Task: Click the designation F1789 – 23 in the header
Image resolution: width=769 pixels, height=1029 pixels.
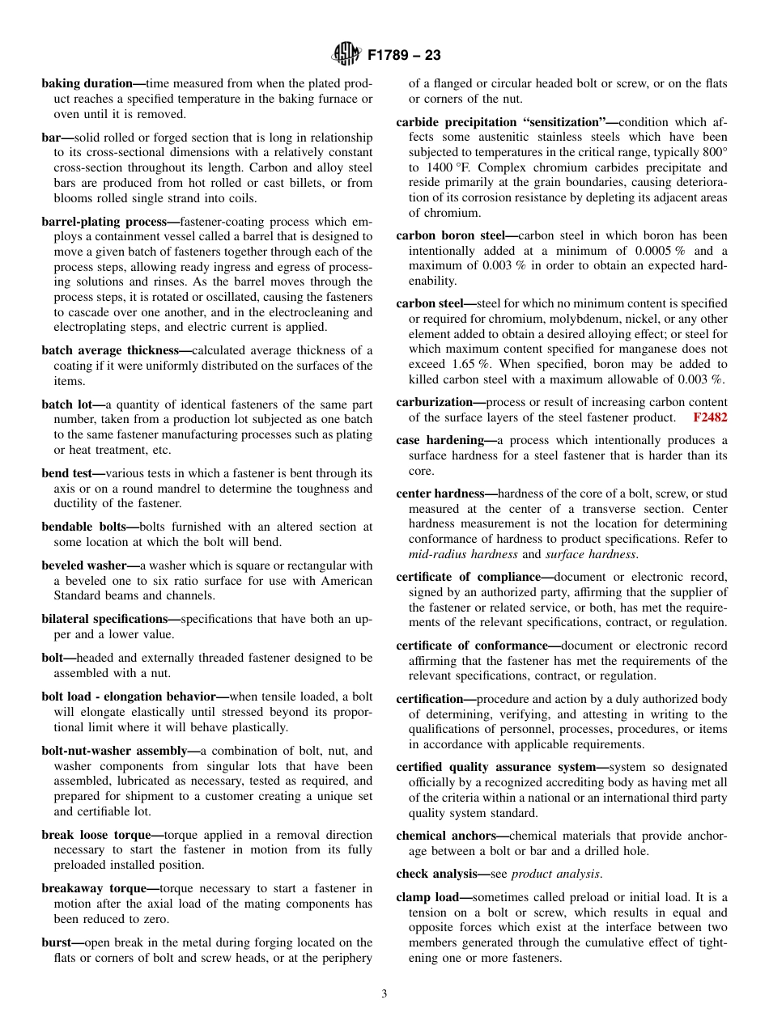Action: pyautogui.click(x=404, y=56)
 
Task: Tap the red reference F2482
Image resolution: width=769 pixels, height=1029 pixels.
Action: pyautogui.click(x=710, y=417)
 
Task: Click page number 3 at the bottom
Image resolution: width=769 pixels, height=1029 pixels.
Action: pyautogui.click(x=384, y=993)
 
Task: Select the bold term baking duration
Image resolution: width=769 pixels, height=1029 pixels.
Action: pyautogui.click(x=87, y=83)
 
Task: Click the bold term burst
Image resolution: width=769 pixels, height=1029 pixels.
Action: pyautogui.click(x=57, y=942)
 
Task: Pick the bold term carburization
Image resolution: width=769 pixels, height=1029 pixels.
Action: pyautogui.click(x=434, y=402)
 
